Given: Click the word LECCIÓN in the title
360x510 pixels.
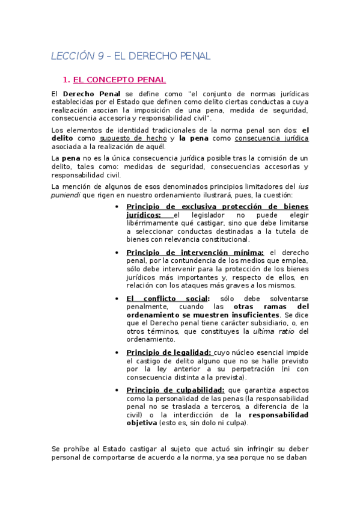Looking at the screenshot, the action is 72,57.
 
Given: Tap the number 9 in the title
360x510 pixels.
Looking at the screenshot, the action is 100,57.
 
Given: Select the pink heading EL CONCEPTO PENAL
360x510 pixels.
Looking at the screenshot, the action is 119,79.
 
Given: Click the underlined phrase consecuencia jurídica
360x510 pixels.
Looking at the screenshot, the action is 272,138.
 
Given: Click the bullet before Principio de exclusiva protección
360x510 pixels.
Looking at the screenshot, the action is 116,207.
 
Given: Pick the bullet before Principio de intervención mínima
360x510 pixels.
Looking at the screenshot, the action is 116,253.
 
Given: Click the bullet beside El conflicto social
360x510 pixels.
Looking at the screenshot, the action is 116,298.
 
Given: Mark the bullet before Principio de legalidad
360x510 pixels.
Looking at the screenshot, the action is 116,352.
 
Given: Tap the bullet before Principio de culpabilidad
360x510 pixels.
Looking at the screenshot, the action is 116,390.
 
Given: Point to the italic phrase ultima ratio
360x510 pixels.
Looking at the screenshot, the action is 273,331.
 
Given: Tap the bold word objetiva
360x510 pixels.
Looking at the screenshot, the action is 141,423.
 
